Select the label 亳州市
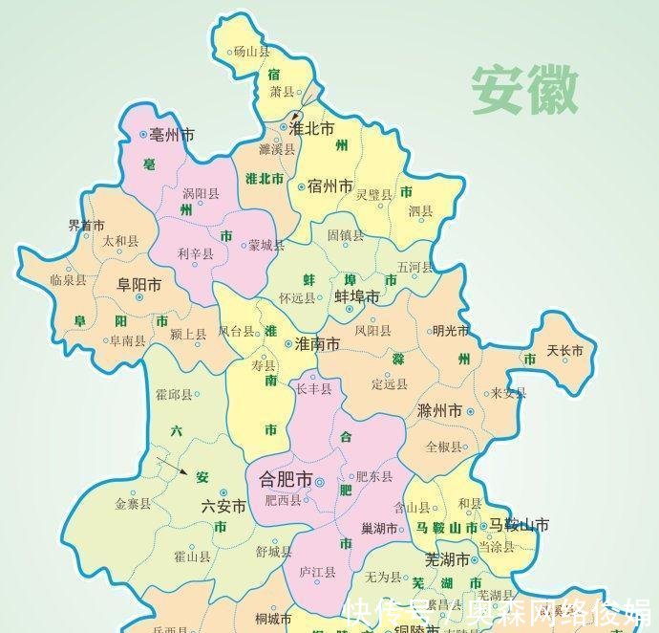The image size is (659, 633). (x=172, y=136)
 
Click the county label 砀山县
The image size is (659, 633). (x=252, y=52)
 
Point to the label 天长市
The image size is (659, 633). (x=564, y=352)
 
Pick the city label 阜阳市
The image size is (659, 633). (x=138, y=284)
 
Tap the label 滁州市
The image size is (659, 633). (x=439, y=410)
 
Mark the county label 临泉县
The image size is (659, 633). (x=68, y=280)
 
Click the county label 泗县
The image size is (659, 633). (x=420, y=210)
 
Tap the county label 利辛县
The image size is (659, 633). (x=196, y=253)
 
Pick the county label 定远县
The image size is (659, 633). (x=390, y=384)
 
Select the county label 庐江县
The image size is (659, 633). (x=317, y=572)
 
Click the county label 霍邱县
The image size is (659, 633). (x=173, y=394)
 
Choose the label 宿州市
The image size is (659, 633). (x=330, y=186)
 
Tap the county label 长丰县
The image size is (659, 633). (x=313, y=389)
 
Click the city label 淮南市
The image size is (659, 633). (x=316, y=343)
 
